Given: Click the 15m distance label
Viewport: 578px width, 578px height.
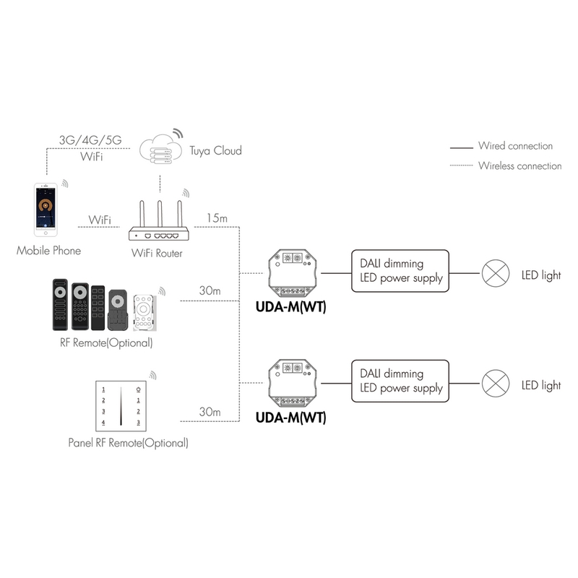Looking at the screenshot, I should coord(217,218).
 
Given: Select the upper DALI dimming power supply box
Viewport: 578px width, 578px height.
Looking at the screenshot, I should coord(400,272).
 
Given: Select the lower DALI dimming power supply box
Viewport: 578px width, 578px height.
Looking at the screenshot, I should coord(400,381).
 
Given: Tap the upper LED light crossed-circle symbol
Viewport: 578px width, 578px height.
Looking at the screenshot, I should coord(494,275).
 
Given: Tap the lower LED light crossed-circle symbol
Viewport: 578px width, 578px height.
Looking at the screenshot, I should coord(494,384).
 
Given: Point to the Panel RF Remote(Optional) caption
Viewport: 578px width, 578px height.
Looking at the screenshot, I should coord(128,442).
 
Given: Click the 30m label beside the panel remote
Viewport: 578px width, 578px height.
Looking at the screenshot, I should coord(210,413).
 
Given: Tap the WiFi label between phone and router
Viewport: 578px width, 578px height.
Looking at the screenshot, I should coord(100,219).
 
